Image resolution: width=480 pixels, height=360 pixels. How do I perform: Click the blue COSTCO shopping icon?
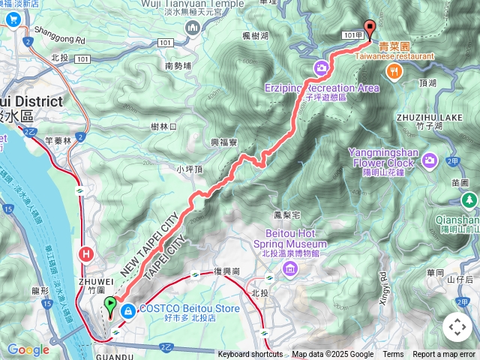click(x=128, y=309)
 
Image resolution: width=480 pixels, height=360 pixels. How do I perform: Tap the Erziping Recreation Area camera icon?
click(x=321, y=68)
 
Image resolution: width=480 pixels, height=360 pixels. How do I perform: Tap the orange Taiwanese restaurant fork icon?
click(x=394, y=70)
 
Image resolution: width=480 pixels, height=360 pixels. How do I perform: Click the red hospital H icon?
click(x=87, y=255)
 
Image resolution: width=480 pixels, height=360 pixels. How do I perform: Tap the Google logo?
click(x=28, y=349)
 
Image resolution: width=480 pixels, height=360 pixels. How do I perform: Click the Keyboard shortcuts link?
click(x=251, y=355)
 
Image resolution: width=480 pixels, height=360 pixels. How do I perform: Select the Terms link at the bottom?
click(x=393, y=355)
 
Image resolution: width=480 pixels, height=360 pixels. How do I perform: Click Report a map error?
click(x=443, y=355)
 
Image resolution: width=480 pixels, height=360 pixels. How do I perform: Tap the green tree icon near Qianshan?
click(x=469, y=199)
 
